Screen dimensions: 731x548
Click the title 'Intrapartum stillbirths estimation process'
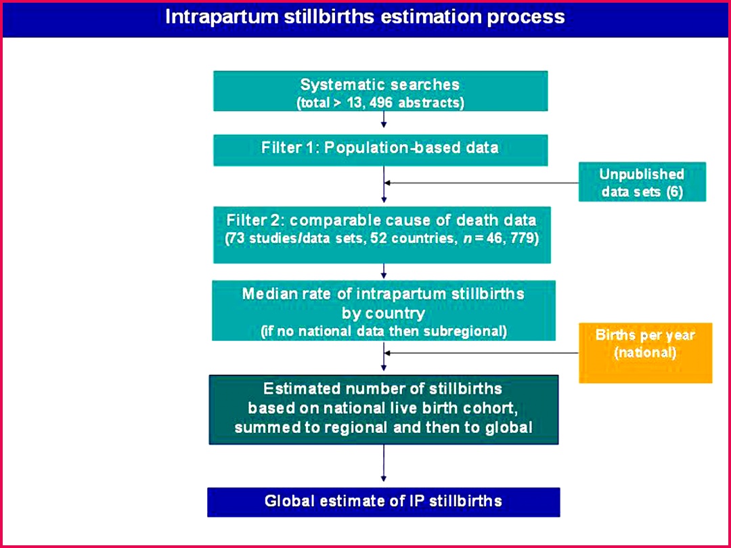pyautogui.click(x=365, y=17)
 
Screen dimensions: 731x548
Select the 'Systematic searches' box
pyautogui.click(x=380, y=91)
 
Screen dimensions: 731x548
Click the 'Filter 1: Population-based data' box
pyautogui.click(x=380, y=150)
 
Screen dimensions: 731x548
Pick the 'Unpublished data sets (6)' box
pyautogui.click(x=642, y=182)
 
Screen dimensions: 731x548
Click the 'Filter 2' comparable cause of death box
pyautogui.click(x=382, y=235)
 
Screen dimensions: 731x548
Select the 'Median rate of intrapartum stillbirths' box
pyautogui.click(x=384, y=311)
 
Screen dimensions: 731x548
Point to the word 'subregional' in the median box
pyautogui.click(x=469, y=332)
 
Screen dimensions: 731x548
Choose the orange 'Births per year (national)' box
pyautogui.click(x=645, y=352)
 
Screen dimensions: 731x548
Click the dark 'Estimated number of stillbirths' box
pyautogui.click(x=383, y=409)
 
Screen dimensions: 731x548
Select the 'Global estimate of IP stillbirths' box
pyautogui.click(x=383, y=502)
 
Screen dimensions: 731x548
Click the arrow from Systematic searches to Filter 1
pyautogui.click(x=384, y=120)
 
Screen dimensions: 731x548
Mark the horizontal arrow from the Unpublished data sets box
pyautogui.click(x=482, y=183)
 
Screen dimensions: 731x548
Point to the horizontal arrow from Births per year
pyautogui.click(x=482, y=353)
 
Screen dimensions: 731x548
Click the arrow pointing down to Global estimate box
pyautogui.click(x=384, y=463)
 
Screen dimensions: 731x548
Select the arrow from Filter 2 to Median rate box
pyautogui.click(x=384, y=271)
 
